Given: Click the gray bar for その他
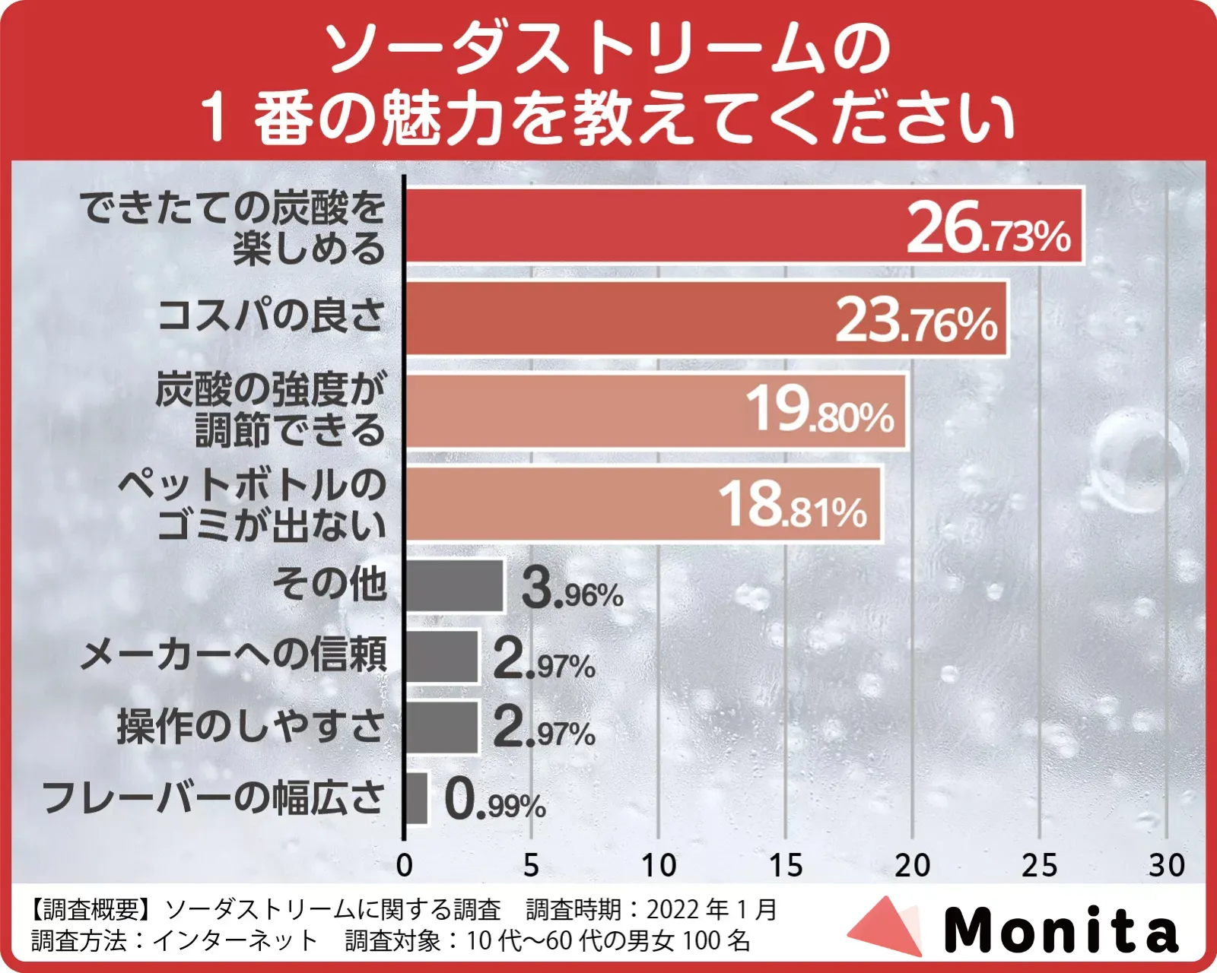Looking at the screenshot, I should click(454, 586).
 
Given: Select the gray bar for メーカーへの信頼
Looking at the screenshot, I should click(441, 657).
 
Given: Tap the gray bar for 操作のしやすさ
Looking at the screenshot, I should click(441, 727).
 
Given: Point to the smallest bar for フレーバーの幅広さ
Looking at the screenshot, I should click(416, 798).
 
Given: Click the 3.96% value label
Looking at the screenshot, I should click(572, 590).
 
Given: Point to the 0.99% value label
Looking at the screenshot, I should click(495, 801).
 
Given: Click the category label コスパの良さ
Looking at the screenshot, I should click(272, 315).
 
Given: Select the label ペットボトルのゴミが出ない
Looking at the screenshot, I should click(253, 504).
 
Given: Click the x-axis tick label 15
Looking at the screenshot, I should click(785, 866).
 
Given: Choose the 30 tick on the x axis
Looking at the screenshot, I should click(1166, 866).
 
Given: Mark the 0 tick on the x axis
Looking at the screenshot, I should click(404, 866).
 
